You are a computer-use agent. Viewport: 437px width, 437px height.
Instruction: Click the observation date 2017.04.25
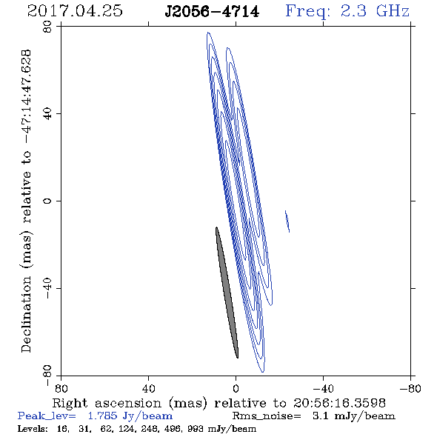[75, 11]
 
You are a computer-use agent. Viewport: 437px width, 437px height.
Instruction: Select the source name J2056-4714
[212, 12]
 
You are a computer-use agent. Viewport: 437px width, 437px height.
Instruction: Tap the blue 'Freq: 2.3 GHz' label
[347, 11]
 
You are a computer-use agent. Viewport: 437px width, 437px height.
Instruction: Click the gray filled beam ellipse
[227, 293]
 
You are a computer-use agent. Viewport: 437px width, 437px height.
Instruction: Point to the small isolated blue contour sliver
[287, 221]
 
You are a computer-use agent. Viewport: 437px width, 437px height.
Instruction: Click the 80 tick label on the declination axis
[47, 27]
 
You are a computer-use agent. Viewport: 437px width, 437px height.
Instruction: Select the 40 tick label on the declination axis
[47, 114]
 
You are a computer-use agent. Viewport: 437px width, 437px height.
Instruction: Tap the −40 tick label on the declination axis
[47, 288]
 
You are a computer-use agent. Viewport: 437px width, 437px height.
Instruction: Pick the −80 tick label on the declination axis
[47, 376]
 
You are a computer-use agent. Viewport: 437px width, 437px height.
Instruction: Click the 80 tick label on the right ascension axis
[61, 388]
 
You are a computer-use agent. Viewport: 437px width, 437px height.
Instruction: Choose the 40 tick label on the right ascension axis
[148, 388]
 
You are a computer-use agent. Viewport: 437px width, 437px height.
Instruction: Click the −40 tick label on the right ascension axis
[323, 388]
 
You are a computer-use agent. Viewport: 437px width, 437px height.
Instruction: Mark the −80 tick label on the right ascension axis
[410, 388]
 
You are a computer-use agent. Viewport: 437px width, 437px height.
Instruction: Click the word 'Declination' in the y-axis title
[26, 314]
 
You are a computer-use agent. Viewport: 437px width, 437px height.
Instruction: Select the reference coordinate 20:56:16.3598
[339, 403]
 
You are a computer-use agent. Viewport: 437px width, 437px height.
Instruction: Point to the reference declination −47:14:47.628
[26, 97]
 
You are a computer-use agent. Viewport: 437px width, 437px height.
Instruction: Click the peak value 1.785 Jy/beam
[130, 416]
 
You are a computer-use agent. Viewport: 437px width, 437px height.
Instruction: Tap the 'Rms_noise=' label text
[267, 416]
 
